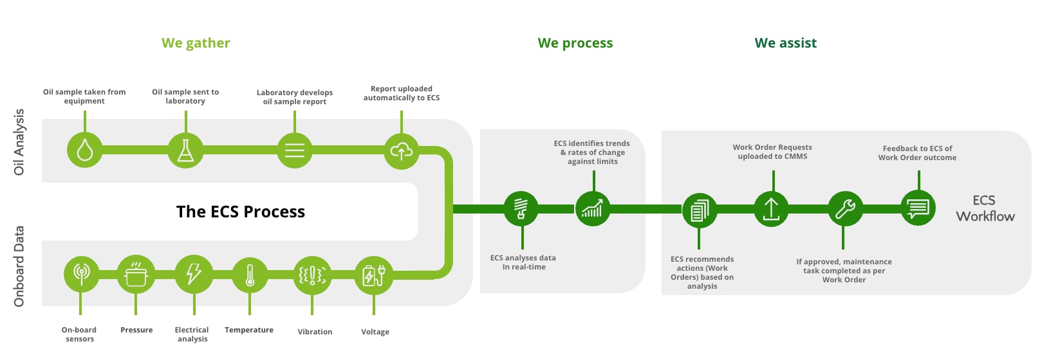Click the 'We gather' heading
point(196,43)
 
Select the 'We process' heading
point(575,43)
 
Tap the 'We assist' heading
point(785,43)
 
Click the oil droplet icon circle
point(84,150)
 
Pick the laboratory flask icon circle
point(185,150)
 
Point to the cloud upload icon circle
point(402,151)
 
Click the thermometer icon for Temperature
point(250,275)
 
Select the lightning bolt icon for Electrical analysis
point(193,274)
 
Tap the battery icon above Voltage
point(373,275)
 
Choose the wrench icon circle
point(844,208)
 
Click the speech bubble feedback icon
point(918,208)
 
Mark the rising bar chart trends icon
point(592,208)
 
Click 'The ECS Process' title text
point(241,212)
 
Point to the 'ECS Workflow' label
point(985,208)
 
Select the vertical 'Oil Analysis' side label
point(19,142)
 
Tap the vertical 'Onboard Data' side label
point(19,266)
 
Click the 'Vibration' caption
point(315,332)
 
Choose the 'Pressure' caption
point(136,330)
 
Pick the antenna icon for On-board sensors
point(81,274)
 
